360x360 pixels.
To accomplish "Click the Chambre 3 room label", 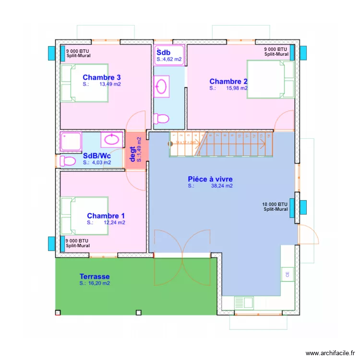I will coord(101,77).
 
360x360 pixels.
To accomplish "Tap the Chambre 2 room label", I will coord(228,81).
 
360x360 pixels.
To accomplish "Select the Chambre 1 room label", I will coord(106,216).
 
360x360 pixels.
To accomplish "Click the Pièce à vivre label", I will coord(210,179).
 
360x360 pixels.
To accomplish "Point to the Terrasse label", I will coord(95,276).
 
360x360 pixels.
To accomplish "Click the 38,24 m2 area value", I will coord(222,186).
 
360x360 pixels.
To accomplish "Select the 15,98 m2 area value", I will coord(237,88).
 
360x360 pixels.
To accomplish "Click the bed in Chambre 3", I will coord(84,83).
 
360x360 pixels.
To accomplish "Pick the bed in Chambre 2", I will coord(270,79).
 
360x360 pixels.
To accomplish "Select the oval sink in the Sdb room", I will coord(162,87).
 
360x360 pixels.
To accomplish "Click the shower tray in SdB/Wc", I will coord(71,142).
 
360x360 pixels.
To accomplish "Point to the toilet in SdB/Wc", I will coord(67,161).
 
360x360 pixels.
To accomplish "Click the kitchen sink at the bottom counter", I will coord(244,303).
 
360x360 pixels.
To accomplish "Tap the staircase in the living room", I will coord(221,144).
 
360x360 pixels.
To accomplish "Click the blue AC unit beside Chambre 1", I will coord(51,244).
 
